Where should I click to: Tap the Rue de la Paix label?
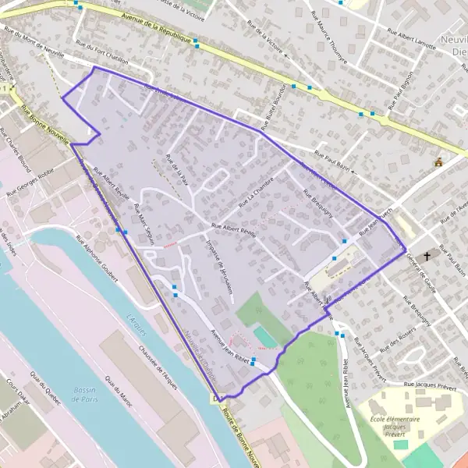click(x=173, y=167)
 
